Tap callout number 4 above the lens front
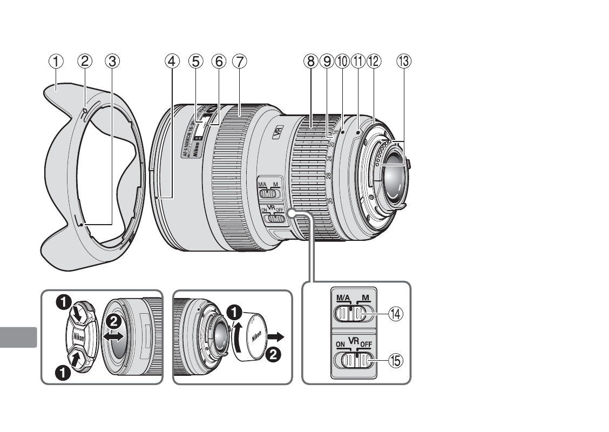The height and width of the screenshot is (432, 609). (x=171, y=61)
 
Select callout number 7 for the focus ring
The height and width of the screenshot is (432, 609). (x=239, y=61)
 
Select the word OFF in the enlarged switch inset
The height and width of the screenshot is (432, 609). (x=367, y=344)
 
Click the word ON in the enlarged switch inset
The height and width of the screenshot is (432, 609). (x=340, y=344)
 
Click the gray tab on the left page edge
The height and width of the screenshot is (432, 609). (x=18, y=338)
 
